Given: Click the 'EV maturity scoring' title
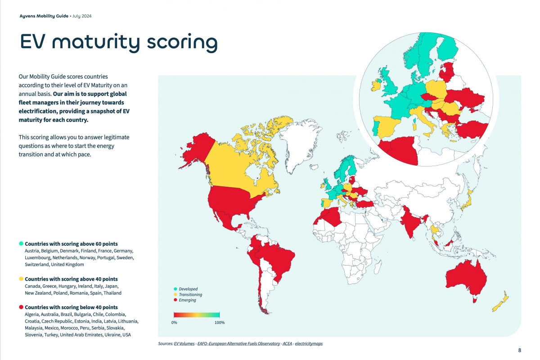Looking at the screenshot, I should [x=119, y=42].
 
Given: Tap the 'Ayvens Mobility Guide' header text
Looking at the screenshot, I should [x=44, y=16].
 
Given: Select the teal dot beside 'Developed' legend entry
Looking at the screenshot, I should [x=175, y=289].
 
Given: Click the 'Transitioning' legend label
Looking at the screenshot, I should [x=190, y=295].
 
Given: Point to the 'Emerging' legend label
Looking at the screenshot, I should [x=187, y=300].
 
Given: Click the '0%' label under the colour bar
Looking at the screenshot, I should [x=174, y=323].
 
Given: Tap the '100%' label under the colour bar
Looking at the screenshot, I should [x=219, y=323].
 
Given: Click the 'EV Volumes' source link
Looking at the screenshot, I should [x=184, y=344].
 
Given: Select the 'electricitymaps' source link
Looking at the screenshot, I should [x=309, y=344].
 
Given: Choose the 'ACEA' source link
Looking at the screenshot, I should [x=287, y=344].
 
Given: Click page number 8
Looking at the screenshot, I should [x=520, y=351].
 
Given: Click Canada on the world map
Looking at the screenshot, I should [x=234, y=166].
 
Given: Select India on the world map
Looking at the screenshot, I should [x=412, y=220].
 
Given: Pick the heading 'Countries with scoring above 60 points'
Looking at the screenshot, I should [x=71, y=244].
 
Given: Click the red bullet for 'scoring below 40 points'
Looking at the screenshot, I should [x=21, y=307].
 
